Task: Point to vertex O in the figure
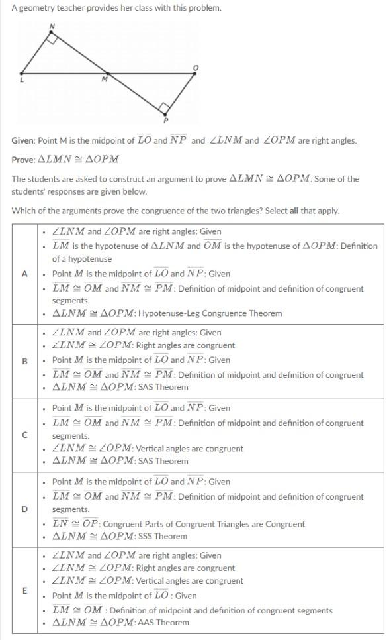[195, 68]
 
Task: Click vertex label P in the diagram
[165, 120]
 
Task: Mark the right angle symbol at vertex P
[163, 107]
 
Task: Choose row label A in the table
[25, 274]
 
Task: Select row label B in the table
[25, 361]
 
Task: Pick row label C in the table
[25, 435]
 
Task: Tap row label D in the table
[25, 509]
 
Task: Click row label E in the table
[25, 590]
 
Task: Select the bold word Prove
[23, 160]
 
